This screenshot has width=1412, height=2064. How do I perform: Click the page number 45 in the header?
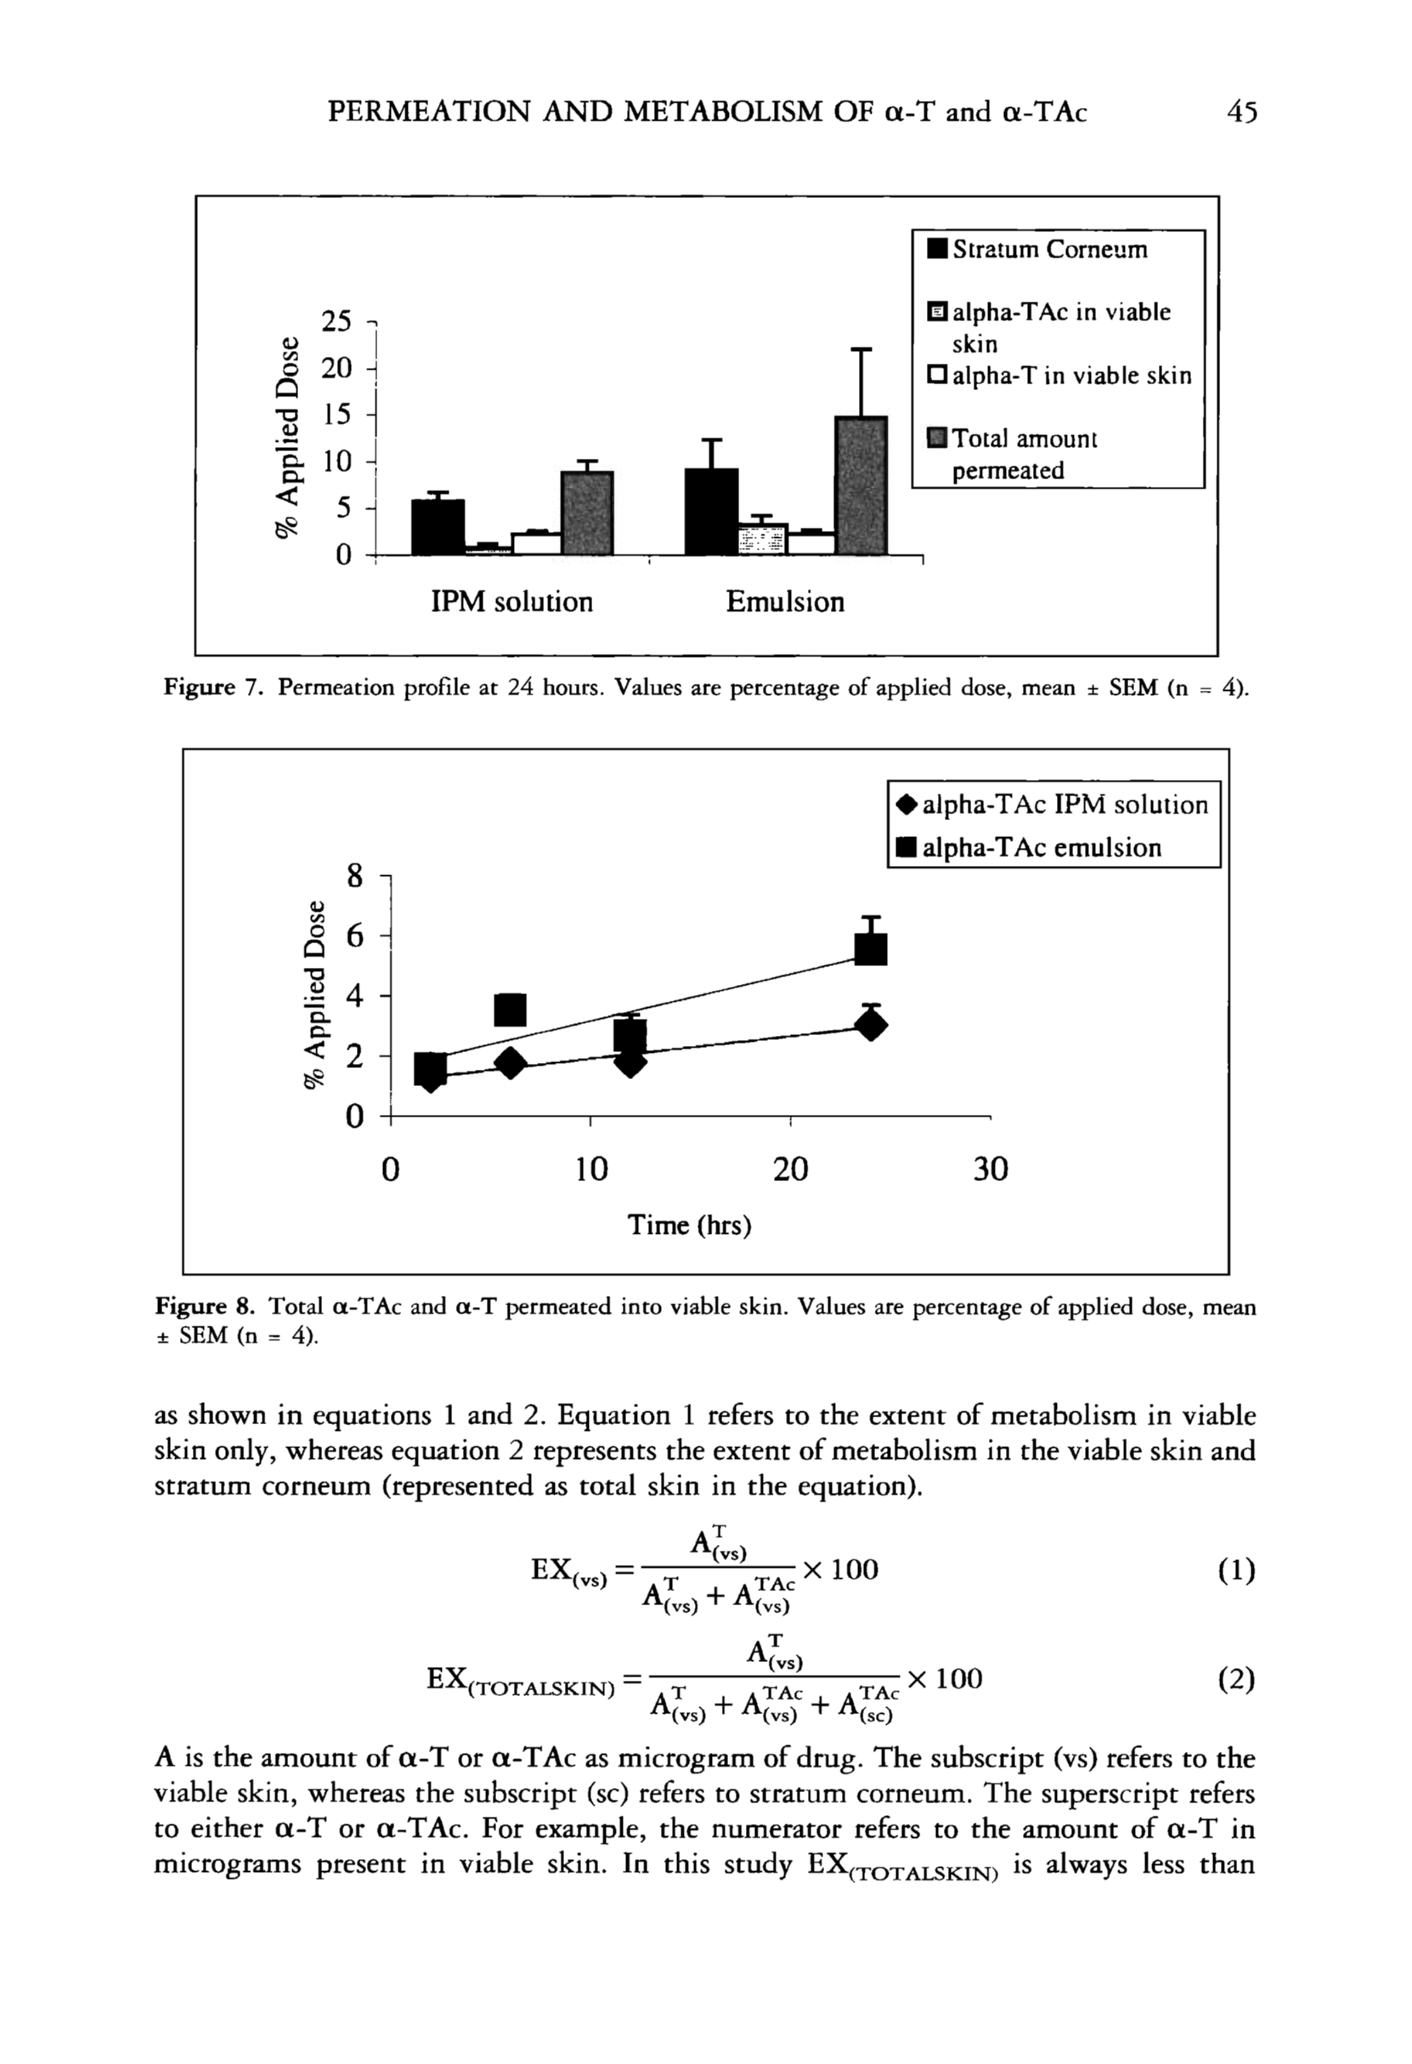click(1240, 113)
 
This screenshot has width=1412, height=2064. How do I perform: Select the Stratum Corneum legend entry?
click(1037, 250)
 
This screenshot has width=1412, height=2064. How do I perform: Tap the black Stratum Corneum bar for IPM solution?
click(438, 527)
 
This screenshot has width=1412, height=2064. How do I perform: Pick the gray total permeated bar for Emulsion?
click(861, 486)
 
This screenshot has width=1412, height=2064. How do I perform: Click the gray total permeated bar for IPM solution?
click(587, 512)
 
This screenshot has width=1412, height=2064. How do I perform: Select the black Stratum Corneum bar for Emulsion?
click(711, 512)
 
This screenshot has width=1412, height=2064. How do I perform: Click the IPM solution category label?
click(511, 602)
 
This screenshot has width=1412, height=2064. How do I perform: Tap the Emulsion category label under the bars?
click(785, 602)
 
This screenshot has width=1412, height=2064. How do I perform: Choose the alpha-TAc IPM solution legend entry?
click(1053, 806)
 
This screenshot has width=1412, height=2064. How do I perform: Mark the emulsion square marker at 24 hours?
click(870, 948)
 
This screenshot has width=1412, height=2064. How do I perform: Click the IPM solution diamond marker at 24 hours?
click(871, 1026)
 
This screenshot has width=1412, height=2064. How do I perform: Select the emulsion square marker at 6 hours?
click(510, 1009)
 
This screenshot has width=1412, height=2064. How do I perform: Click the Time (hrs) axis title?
click(689, 1225)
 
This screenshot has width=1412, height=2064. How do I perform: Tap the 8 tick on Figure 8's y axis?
click(354, 878)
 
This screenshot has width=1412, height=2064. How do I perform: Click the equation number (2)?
click(1237, 1679)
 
